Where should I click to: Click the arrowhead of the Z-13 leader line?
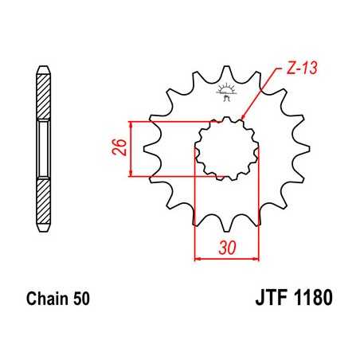coord(243,120)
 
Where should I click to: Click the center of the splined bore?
coord(227,148)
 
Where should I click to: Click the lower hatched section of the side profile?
coord(41,199)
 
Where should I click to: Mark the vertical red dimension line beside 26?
coord(130,148)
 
